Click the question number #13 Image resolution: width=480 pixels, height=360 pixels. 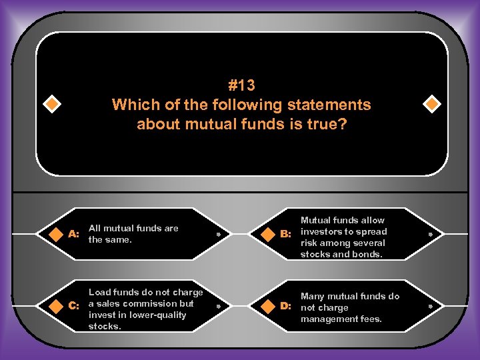241,85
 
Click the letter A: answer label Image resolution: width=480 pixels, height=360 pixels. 74,235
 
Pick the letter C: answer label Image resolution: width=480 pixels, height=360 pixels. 74,305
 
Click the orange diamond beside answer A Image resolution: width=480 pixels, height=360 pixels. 53,234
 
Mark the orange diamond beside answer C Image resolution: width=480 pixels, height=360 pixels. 53,305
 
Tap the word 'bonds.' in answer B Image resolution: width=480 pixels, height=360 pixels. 369,255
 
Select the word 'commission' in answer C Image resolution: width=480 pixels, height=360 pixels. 138,303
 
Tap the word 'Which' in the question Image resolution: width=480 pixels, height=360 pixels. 130,105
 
